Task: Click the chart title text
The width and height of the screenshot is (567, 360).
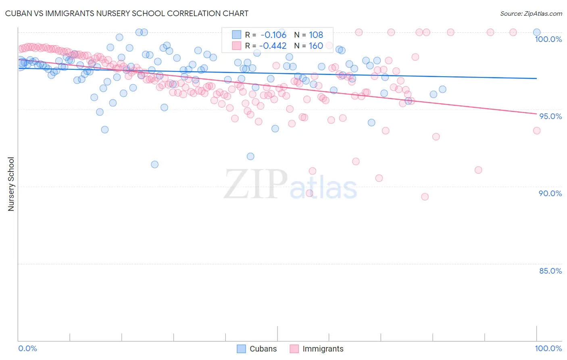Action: point(127,13)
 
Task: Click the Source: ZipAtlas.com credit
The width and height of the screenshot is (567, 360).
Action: point(531,13)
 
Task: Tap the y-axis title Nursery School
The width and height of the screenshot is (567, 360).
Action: point(11,184)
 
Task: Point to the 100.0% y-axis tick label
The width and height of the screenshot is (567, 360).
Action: point(548,39)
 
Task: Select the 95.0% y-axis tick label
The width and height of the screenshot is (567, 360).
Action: point(550,116)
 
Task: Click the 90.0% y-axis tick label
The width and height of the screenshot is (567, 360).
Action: point(550,193)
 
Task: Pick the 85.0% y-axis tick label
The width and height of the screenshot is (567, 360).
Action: point(550,271)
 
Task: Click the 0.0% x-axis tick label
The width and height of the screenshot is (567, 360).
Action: point(27,348)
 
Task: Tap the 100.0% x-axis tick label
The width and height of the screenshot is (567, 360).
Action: point(548,348)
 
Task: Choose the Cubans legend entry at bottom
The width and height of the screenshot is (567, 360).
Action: point(257,349)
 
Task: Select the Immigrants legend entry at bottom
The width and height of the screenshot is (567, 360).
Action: point(317,349)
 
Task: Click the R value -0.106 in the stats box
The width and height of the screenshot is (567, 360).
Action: point(273,35)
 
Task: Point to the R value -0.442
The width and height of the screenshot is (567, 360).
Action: point(273,46)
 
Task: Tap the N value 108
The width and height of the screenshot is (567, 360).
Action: point(316,35)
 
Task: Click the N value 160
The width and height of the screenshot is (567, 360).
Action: point(316,46)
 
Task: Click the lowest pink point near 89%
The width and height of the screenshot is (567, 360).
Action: point(425,197)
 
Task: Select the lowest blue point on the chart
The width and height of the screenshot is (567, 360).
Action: point(154,164)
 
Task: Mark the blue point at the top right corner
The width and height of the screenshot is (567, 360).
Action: point(537,32)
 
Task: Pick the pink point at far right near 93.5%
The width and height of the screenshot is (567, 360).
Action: point(537,130)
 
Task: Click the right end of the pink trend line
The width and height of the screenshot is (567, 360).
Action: point(536,114)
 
